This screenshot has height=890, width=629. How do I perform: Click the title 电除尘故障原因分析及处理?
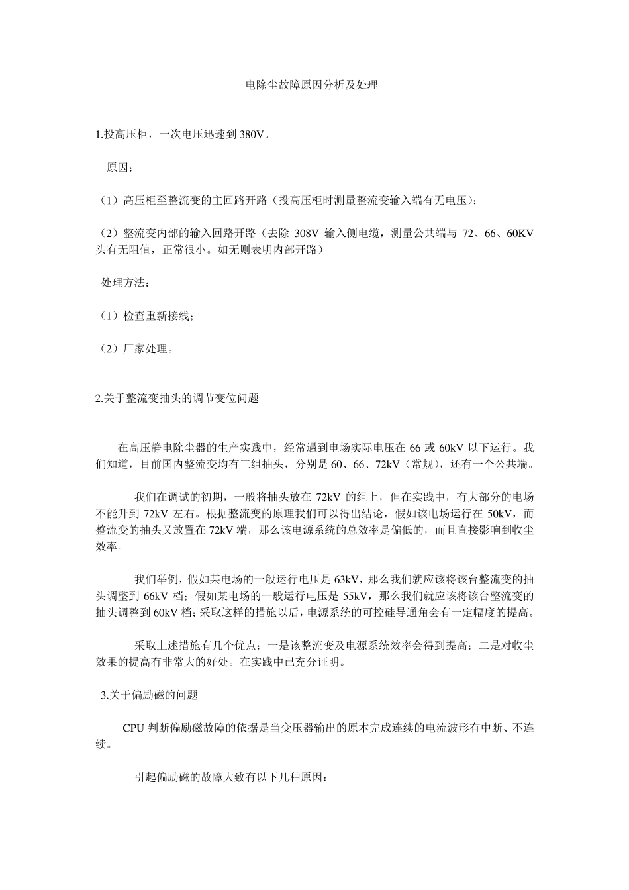312,85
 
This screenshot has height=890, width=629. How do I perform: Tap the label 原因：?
120,167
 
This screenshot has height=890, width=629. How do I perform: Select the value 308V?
306,234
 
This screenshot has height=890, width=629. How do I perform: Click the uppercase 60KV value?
520,234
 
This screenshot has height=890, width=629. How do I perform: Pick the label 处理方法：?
125,283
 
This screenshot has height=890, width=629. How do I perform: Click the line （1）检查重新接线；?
146,316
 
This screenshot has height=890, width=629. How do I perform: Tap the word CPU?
133,728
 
